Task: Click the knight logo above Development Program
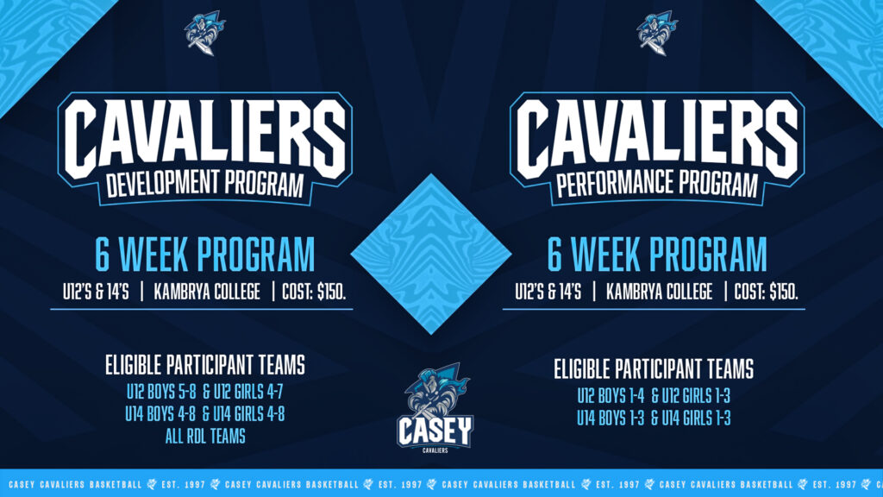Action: click(204, 34)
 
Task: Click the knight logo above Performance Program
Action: click(657, 34)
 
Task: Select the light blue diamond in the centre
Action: click(431, 255)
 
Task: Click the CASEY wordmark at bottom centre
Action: click(435, 431)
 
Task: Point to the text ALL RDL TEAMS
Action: click(205, 436)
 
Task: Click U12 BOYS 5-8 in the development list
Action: click(161, 392)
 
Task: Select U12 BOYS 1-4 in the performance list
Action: click(611, 397)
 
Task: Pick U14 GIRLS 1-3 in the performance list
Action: click(696, 418)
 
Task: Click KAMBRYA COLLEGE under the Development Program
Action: click(207, 292)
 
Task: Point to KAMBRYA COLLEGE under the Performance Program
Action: click(659, 292)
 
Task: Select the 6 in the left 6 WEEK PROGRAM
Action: click(103, 255)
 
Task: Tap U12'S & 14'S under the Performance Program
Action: click(548, 292)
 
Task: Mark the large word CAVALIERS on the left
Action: click(205, 139)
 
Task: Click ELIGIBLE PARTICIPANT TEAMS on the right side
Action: click(654, 369)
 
